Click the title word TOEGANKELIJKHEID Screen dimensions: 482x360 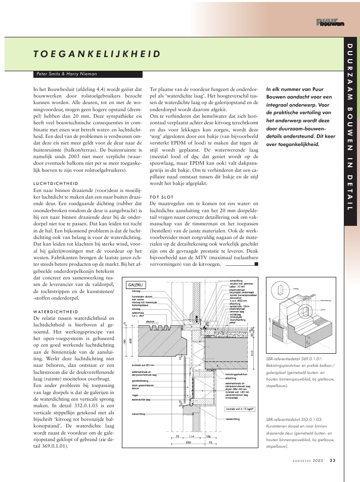pyautogui.click(x=97, y=54)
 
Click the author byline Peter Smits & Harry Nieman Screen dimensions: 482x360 pyautogui.click(x=67, y=74)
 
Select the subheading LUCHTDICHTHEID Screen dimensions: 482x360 pyautogui.click(x=55, y=183)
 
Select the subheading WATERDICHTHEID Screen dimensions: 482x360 pyautogui.click(x=56, y=312)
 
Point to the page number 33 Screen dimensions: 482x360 pyautogui.click(x=332, y=460)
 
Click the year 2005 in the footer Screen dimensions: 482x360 pyautogui.click(x=318, y=460)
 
